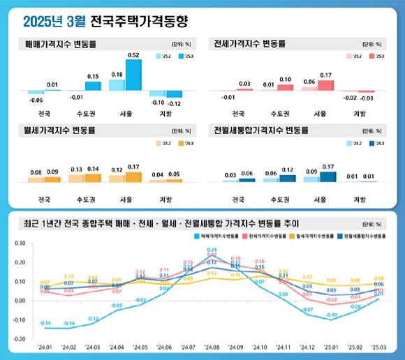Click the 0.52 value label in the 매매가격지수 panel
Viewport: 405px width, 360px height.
133,54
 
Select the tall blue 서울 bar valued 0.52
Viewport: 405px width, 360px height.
133,75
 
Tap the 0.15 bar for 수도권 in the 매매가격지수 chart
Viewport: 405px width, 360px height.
93,86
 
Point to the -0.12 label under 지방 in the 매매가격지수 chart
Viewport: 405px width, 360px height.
175,103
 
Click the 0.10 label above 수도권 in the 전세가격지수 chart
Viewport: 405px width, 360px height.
285,80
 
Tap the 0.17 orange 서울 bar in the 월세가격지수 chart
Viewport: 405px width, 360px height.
133,177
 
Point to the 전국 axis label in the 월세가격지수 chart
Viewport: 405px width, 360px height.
43,200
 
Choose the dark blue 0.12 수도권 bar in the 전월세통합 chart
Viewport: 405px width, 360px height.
287,178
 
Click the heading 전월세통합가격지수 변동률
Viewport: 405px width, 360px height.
260,130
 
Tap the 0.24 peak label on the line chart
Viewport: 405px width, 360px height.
212,250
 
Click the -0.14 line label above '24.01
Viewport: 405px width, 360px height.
45,323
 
